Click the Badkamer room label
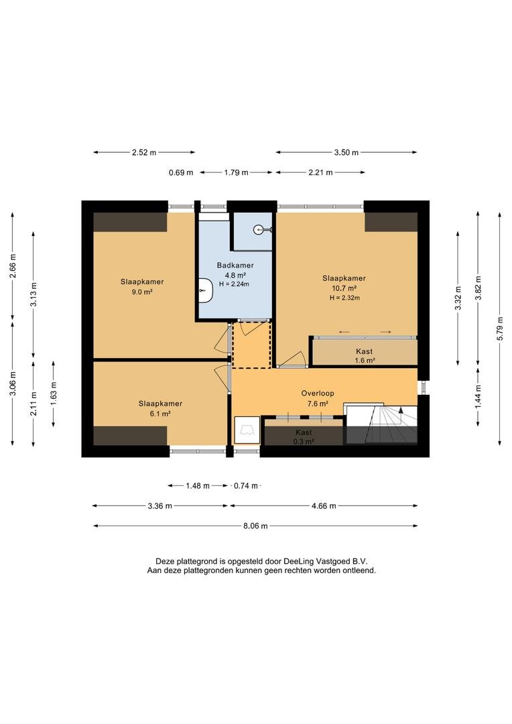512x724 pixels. tap(235, 265)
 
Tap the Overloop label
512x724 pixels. tap(318, 394)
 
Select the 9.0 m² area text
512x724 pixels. tap(142, 292)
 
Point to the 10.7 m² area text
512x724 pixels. tap(344, 288)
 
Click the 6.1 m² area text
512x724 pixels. tap(160, 414)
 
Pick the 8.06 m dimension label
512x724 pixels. tap(255, 526)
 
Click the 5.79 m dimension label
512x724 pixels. tap(500, 328)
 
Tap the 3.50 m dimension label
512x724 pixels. tap(346, 152)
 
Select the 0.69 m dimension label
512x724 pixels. tap(181, 173)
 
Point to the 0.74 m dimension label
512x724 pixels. tap(246, 486)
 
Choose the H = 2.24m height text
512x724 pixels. tap(234, 284)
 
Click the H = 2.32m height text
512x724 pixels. tap(344, 298)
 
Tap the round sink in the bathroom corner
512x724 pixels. tap(259, 229)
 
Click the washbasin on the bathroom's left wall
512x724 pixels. tap(206, 290)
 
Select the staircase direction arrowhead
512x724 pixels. tap(401, 410)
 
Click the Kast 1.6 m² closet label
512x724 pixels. tap(365, 356)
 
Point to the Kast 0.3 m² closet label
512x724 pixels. tap(304, 437)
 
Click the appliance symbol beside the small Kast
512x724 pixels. tap(247, 430)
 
